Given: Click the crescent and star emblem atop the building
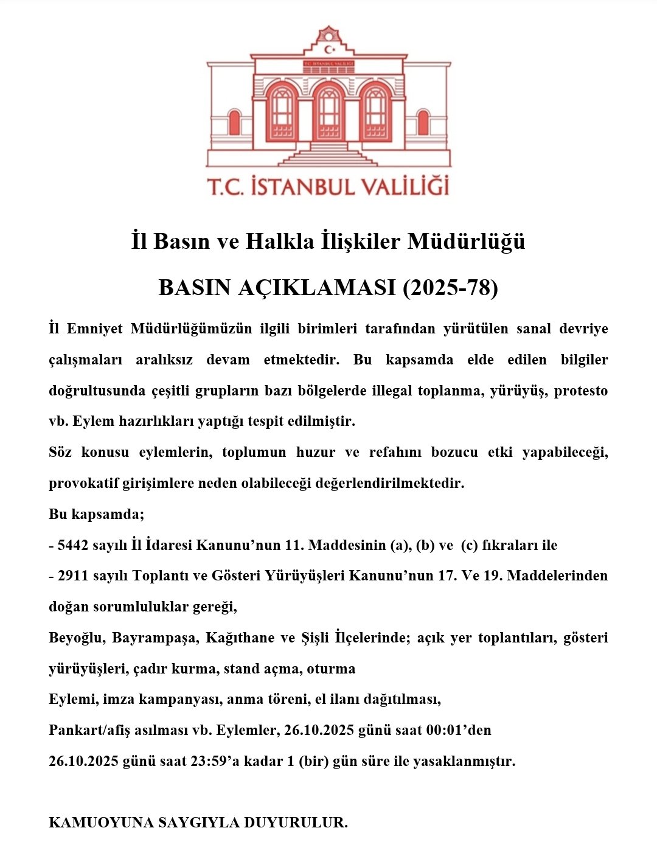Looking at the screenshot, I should [329, 49].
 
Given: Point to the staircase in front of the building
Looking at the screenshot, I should [328, 155].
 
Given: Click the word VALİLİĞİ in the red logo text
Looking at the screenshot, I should [402, 186].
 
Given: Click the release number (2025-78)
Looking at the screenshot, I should [450, 287].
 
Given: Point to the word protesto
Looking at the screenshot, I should [580, 391].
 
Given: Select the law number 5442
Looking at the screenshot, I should [73, 545].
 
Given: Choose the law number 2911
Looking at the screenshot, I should [73, 576].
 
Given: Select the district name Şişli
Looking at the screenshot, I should [316, 638].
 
